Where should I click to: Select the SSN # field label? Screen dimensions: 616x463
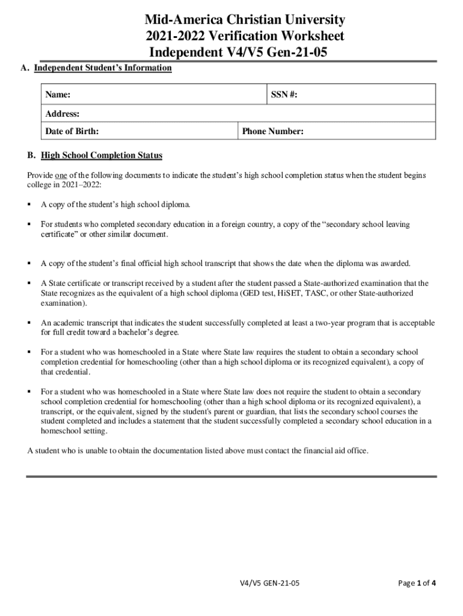point(285,95)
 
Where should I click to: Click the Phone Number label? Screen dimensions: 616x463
point(272,132)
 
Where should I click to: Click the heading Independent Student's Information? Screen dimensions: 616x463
point(103,68)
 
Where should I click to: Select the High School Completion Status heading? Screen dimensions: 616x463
point(102,156)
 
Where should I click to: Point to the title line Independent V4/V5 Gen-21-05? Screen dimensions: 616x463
point(238,53)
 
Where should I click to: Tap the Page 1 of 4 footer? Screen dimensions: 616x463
point(417,584)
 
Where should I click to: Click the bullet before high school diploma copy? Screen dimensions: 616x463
point(29,205)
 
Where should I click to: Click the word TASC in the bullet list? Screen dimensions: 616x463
point(317,294)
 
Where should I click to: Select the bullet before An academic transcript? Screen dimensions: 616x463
point(29,323)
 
